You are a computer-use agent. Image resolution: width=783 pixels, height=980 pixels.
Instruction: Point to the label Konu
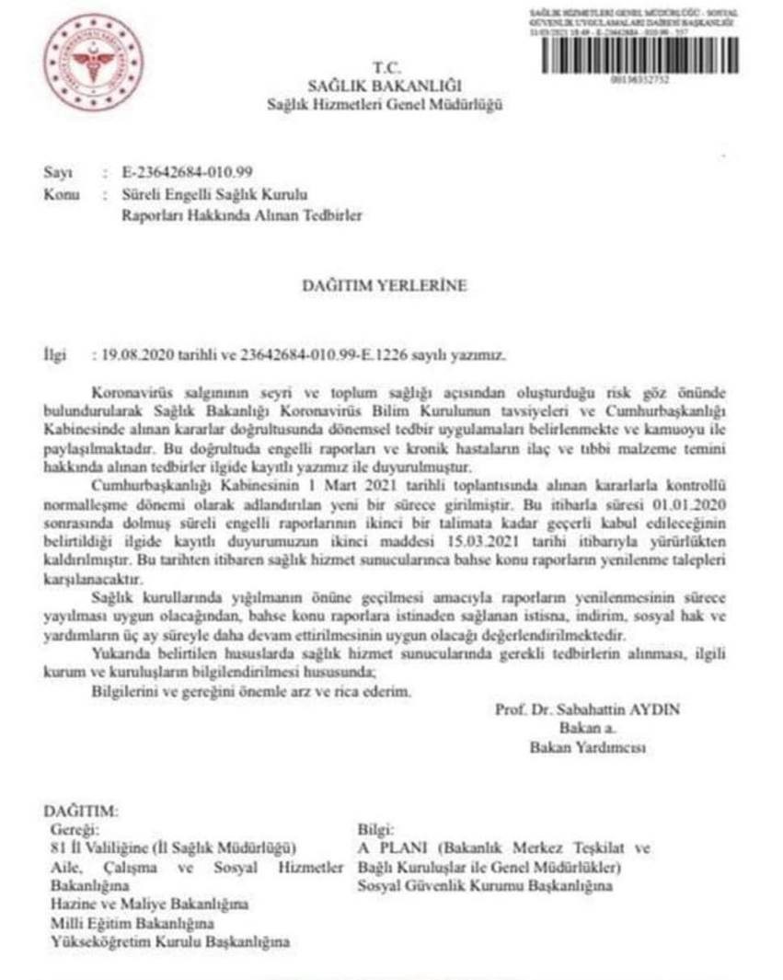(x=58, y=195)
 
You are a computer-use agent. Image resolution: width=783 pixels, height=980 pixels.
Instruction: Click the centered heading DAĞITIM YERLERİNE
(x=385, y=286)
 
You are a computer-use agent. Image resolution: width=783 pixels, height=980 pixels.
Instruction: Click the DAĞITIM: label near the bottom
(x=81, y=813)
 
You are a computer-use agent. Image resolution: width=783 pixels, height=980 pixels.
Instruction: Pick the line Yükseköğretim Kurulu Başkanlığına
(x=170, y=942)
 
